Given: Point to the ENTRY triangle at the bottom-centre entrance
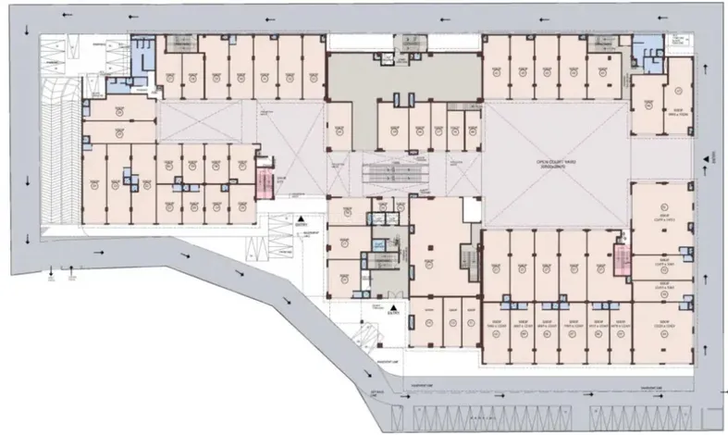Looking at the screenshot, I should (x=392, y=308).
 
